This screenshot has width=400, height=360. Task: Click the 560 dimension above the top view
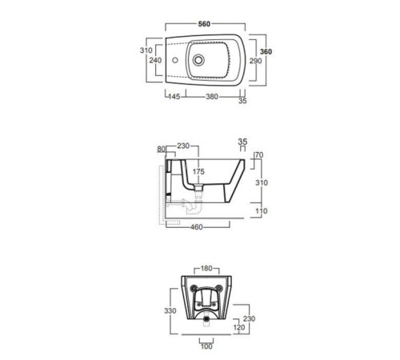pos(204,24)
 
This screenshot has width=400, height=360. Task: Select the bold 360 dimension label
pos(266,51)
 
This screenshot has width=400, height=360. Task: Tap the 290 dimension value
pos(255,61)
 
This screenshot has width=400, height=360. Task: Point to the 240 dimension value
pos(155,60)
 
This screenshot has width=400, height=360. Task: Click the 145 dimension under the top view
pos(174,96)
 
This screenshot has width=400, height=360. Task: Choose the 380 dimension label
pos(212,97)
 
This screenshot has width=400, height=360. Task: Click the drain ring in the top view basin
pos(198,60)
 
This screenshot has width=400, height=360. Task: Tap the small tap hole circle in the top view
pos(175,60)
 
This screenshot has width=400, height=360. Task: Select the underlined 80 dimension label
pos(161,149)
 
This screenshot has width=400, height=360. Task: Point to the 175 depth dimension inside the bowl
pos(198,171)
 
